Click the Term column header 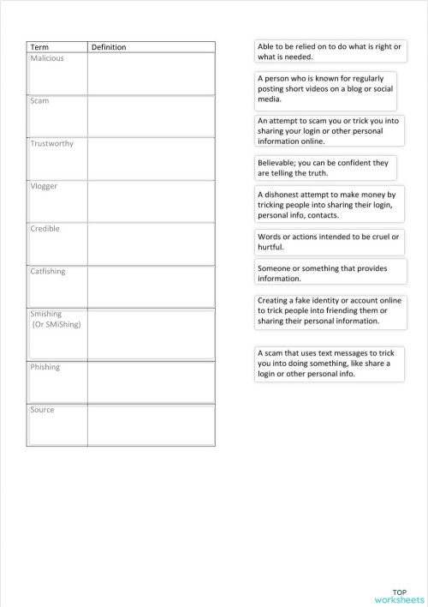click(39, 47)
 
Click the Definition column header click(109, 47)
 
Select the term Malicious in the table click(47, 58)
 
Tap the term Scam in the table click(39, 101)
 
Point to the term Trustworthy click(52, 144)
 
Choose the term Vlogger click(45, 186)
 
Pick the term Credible click(45, 229)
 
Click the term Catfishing click(48, 272)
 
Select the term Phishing click(45, 367)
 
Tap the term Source click(42, 410)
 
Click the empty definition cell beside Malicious click(151, 73)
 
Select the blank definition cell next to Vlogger click(151, 201)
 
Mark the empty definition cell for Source click(151, 424)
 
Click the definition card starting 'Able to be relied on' click(330, 51)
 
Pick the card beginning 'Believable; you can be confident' click(330, 167)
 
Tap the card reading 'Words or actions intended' click(330, 242)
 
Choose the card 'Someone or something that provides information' click(330, 273)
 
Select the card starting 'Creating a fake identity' click(330, 311)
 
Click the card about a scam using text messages click(330, 364)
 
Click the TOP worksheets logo click(399, 596)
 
